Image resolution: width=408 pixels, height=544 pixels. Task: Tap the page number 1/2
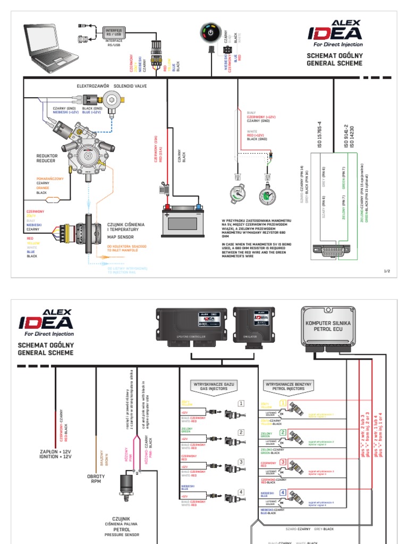387,271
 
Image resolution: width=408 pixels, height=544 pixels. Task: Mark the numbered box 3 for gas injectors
241,462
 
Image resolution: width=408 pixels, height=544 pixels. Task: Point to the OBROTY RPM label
96,479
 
